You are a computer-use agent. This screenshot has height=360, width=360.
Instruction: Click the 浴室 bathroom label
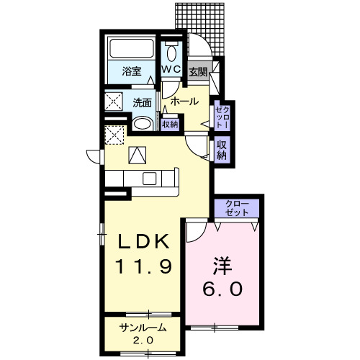(132, 71)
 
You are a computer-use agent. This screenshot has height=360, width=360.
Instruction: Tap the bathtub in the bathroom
(132, 48)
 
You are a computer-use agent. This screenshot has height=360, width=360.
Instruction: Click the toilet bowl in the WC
(171, 52)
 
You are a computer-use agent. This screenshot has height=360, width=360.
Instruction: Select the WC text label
(171, 69)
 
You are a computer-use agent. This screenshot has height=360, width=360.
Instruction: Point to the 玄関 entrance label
(198, 72)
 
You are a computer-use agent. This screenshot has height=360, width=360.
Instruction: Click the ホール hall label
(184, 102)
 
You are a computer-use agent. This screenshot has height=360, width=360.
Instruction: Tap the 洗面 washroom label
(143, 103)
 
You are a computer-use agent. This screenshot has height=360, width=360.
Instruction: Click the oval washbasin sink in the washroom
(143, 124)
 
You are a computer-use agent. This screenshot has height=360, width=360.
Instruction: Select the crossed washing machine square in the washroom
(114, 102)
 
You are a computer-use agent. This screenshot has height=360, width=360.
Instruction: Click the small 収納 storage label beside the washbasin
(170, 125)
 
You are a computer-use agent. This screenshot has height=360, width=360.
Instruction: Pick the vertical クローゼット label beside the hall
(222, 117)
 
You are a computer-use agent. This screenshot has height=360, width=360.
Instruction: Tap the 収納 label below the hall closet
(222, 150)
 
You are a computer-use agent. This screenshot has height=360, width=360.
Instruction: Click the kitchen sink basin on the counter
(150, 179)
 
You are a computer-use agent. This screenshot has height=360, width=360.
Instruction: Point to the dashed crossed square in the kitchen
(114, 135)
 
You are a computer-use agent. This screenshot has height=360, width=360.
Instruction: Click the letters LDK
(143, 241)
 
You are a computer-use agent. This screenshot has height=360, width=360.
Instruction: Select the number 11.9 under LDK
(143, 266)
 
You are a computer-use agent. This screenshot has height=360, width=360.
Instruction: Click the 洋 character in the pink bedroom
(222, 266)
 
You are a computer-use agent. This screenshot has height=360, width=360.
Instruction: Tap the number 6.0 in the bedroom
(222, 289)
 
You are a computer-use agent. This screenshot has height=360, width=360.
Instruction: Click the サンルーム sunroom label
(143, 328)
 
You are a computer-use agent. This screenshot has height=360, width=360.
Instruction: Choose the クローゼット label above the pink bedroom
(237, 208)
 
